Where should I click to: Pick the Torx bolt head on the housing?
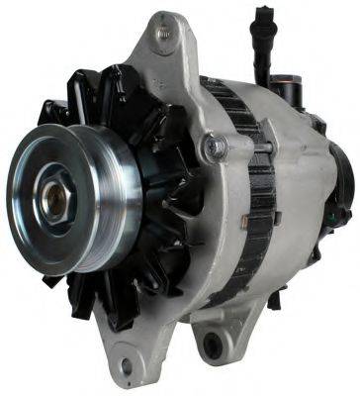click(212, 149)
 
